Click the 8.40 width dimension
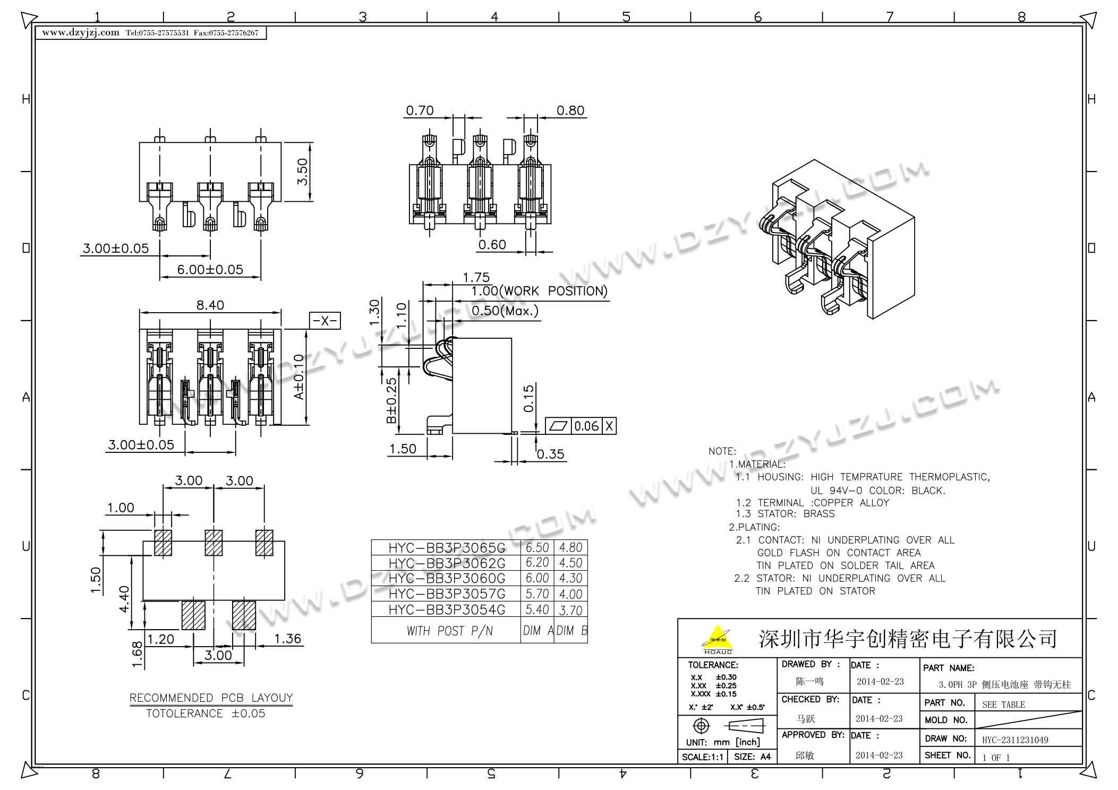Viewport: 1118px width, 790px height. click(210, 305)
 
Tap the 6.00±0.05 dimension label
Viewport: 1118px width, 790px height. click(210, 270)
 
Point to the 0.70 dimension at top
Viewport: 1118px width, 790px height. click(420, 110)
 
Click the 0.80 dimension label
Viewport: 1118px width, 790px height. click(570, 110)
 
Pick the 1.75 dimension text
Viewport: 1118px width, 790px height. click(476, 277)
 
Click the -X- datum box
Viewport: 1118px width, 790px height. click(325, 321)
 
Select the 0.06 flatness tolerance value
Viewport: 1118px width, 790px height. click(586, 426)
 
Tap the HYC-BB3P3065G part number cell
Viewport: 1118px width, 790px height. click(447, 548)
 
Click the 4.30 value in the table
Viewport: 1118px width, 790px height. click(570, 578)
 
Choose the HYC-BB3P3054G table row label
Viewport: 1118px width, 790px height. click(447, 609)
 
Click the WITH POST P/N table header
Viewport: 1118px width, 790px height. click(449, 631)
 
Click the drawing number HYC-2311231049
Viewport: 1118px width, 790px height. click(1015, 740)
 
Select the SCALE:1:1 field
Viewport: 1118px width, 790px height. click(702, 757)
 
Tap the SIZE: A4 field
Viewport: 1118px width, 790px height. click(752, 757)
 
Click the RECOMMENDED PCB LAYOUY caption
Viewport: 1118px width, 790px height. click(211, 698)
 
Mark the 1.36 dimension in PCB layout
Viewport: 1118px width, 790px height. click(287, 639)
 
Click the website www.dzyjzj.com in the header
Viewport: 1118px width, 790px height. click(81, 32)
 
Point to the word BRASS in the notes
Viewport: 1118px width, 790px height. click(819, 514)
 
